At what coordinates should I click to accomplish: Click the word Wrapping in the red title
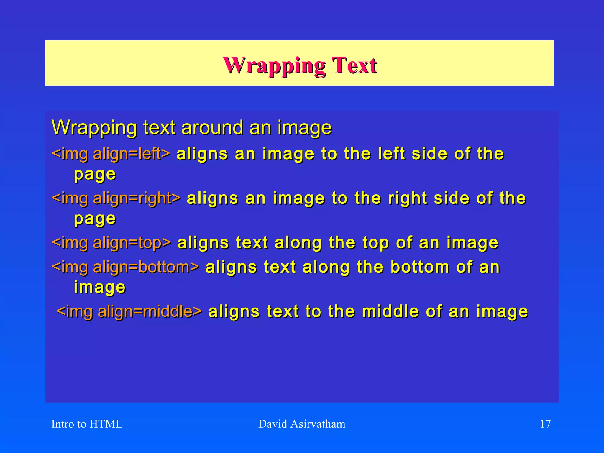tap(275, 65)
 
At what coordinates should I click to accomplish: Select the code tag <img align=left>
tap(111, 154)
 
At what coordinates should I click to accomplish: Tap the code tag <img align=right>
tap(116, 198)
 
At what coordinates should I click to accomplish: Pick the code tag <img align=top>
tap(111, 243)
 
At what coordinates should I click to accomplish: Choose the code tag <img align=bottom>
tap(125, 267)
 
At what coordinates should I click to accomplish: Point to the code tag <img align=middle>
tap(129, 311)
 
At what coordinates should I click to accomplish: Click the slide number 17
tap(545, 424)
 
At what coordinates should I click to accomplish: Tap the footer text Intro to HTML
tap(87, 424)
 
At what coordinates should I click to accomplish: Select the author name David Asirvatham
tap(302, 424)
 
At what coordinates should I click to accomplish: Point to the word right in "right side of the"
tap(408, 198)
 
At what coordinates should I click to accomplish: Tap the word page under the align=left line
tap(95, 175)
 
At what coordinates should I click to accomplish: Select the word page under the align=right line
tap(95, 219)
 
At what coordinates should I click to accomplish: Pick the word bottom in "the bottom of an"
tap(420, 267)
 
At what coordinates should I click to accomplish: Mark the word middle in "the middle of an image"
tap(390, 311)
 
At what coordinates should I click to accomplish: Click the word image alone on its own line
tap(99, 287)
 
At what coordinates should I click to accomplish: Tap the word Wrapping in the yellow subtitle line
tap(94, 128)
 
